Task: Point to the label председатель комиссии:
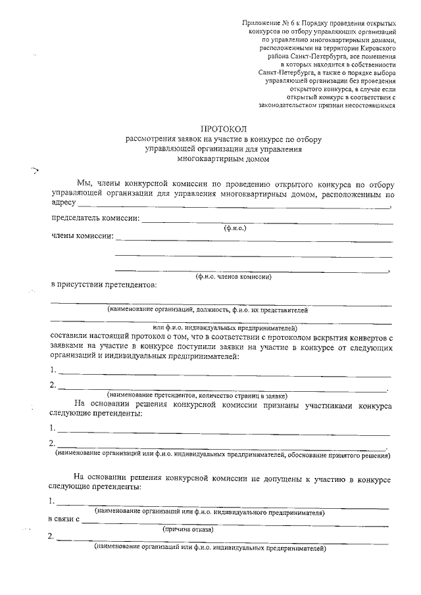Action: coord(95,218)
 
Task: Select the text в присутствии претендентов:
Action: coord(104,285)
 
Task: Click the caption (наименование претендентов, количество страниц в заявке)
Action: coord(196,396)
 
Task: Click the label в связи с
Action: coord(64,519)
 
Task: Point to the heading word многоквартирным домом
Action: coord(222,158)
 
